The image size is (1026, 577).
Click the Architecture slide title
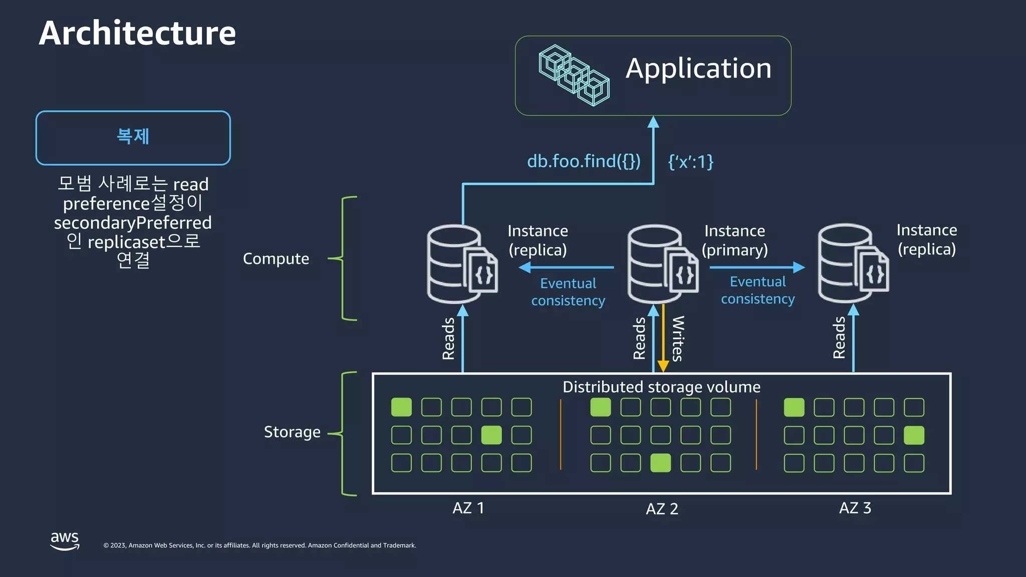(137, 33)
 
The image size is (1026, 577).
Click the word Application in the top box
(698, 69)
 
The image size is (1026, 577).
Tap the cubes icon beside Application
(574, 75)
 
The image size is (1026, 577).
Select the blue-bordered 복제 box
(133, 138)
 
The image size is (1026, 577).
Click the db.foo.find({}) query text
(584, 161)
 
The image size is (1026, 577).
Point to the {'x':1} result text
(690, 161)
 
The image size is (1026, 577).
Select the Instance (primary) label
(734, 240)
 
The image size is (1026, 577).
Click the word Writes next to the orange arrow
(677, 339)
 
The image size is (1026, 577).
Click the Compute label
(276, 258)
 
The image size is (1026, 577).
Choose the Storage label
(292, 432)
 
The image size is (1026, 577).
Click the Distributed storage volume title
(661, 387)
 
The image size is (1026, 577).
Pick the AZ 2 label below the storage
(661, 509)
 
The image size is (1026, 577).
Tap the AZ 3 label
(855, 508)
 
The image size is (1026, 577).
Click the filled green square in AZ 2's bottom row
(660, 463)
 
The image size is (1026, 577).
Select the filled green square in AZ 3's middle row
(914, 435)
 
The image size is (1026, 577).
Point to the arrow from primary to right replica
(756, 267)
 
